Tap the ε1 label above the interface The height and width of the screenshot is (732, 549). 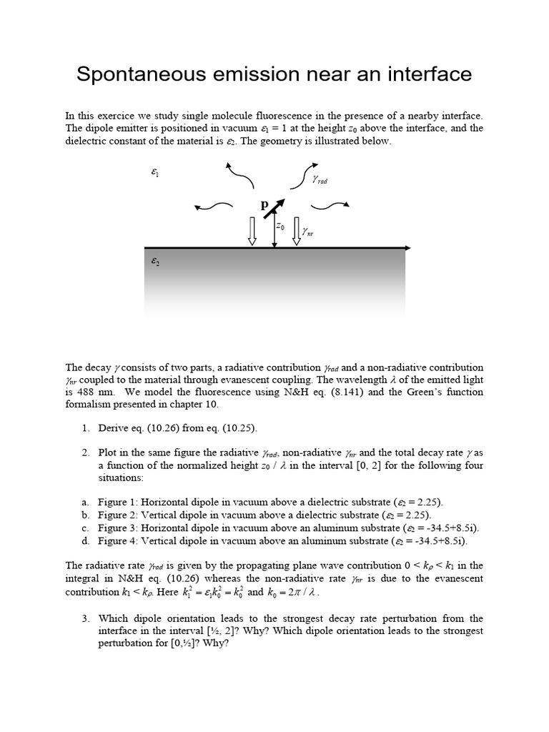[x=154, y=172]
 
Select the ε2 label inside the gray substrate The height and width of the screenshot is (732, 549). [x=154, y=262]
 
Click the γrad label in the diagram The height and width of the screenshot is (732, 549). [x=319, y=180]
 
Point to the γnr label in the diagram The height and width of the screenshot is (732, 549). [x=307, y=230]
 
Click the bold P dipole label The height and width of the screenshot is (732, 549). [x=264, y=204]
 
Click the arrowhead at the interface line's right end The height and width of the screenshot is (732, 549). [x=407, y=248]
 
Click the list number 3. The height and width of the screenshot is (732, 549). [x=84, y=618]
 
